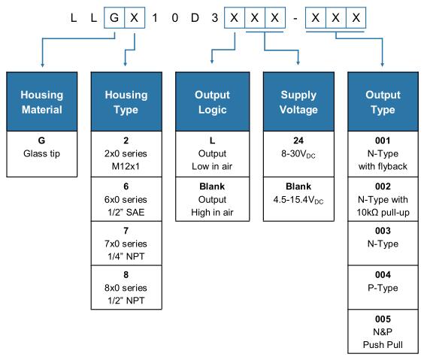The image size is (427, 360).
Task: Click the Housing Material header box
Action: point(42,101)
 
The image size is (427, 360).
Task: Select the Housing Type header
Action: point(126,101)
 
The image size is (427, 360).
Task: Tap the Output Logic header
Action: point(213,101)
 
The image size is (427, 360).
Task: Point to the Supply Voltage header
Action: point(298,101)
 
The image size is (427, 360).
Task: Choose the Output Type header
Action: point(383,101)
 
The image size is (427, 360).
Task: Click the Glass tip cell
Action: point(42,154)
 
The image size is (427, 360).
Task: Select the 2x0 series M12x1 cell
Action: point(126,154)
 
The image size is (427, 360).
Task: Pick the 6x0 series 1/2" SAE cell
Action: point(126,199)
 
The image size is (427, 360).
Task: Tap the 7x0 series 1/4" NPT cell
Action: point(126,244)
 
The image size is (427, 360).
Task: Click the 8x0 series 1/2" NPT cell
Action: point(126,288)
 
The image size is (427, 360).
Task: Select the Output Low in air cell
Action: point(213,154)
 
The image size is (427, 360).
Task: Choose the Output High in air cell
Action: point(213,199)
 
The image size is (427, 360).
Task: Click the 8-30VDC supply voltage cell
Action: point(298,154)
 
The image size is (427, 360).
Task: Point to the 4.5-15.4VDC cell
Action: point(298,199)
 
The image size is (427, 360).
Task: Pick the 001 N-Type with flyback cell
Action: point(383,154)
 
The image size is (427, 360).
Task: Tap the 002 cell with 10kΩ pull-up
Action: point(383,199)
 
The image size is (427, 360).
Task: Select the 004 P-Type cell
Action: point(383,288)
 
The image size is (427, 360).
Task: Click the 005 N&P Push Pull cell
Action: point(383,331)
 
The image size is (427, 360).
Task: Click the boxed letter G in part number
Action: point(114,18)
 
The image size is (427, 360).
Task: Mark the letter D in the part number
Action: point(195,18)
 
